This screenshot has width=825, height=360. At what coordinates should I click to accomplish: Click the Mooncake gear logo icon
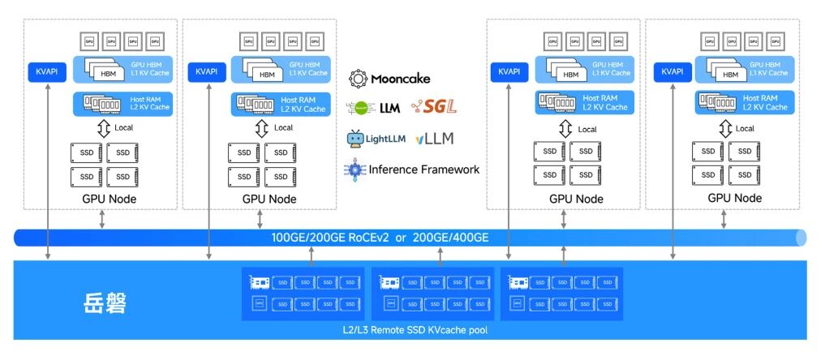click(x=358, y=79)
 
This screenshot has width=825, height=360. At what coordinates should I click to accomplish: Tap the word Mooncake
click(x=401, y=79)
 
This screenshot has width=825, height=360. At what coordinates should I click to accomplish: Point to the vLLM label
click(x=435, y=139)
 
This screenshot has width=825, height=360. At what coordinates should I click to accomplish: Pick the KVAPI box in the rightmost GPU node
click(x=673, y=71)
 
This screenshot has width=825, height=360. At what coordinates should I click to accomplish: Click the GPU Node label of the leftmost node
click(x=109, y=199)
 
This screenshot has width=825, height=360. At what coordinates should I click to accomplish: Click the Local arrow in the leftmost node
click(x=103, y=128)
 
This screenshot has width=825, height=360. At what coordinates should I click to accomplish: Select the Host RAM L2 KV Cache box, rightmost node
click(x=742, y=102)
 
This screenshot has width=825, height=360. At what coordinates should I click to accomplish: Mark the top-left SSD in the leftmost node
click(x=87, y=152)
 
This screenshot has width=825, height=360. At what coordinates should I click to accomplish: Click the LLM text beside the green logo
click(x=391, y=106)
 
